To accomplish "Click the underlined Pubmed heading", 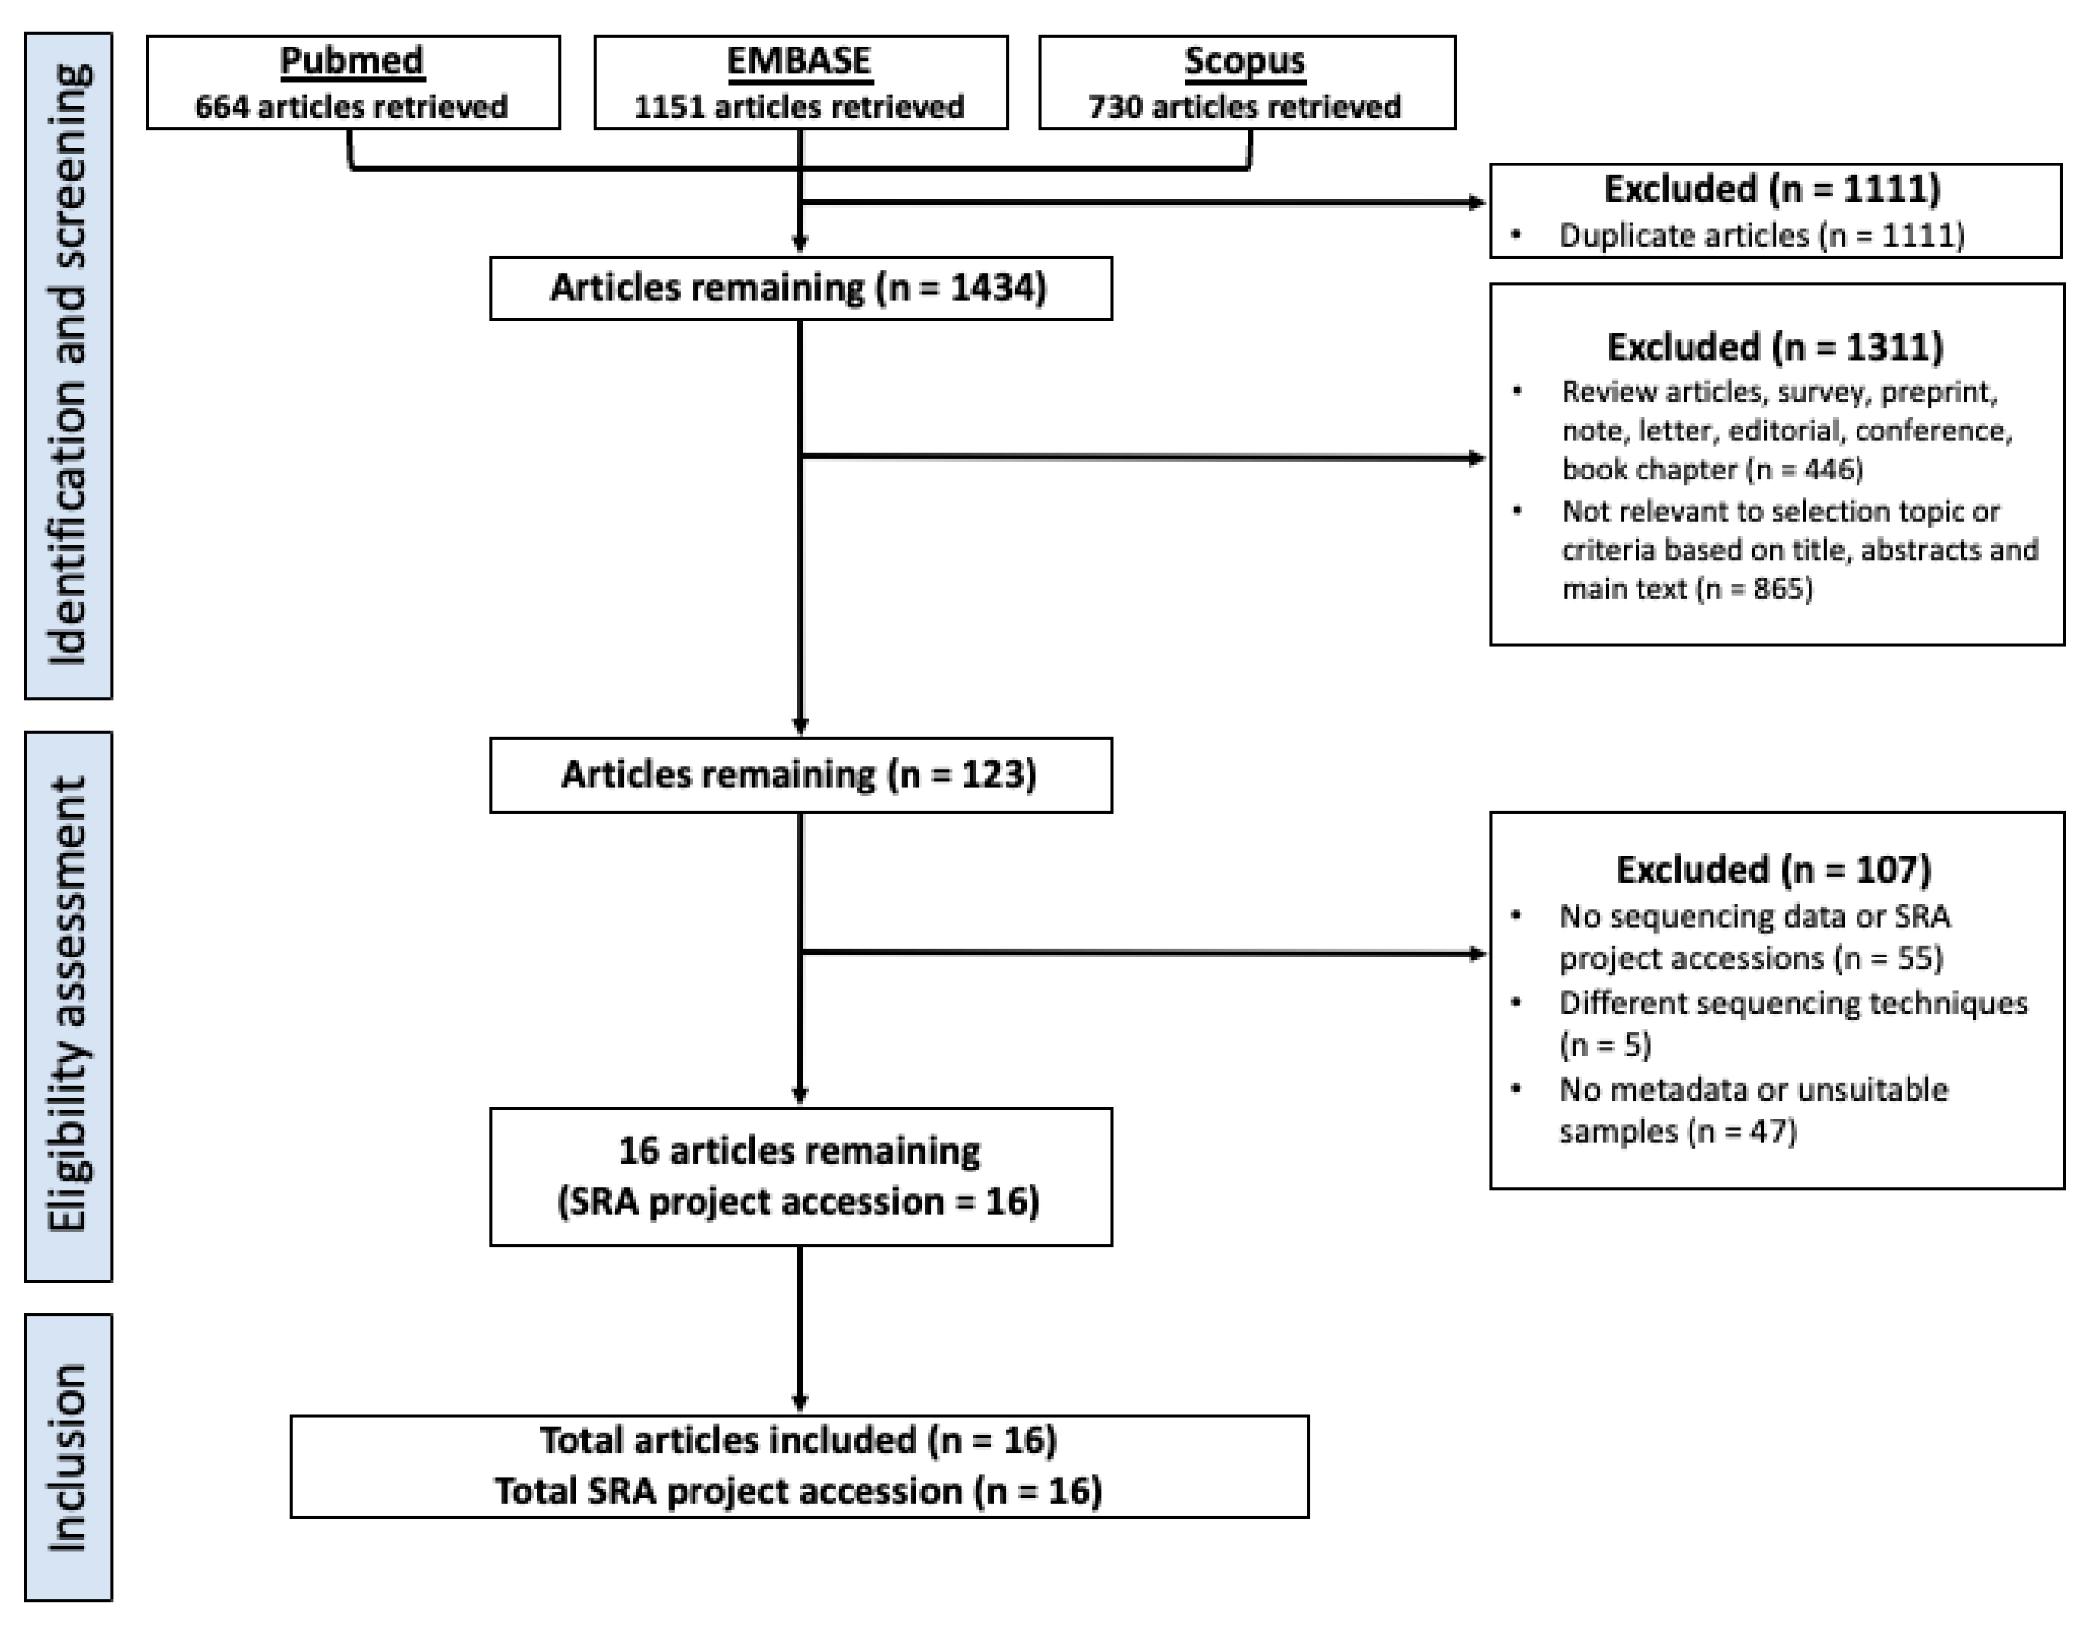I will (351, 61).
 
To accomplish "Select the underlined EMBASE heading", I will (798, 61).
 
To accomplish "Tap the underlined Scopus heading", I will (1245, 61).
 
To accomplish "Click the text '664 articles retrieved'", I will (351, 106).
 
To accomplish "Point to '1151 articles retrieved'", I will (798, 106).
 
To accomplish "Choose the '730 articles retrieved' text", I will (1245, 106).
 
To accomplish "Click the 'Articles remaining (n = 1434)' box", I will (800, 288).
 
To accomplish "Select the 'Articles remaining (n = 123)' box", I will (800, 774).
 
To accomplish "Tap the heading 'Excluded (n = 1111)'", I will (1772, 189).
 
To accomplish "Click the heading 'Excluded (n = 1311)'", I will (1775, 346).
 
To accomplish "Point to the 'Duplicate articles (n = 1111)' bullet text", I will (1761, 235).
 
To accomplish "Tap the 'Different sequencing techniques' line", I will (1793, 1003).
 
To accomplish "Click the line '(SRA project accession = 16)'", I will (798, 1201).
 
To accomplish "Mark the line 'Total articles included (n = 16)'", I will (798, 1440).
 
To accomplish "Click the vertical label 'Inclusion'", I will (68, 1456).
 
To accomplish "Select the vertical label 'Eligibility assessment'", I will (68, 1005).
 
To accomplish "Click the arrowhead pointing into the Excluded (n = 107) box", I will (1479, 954).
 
